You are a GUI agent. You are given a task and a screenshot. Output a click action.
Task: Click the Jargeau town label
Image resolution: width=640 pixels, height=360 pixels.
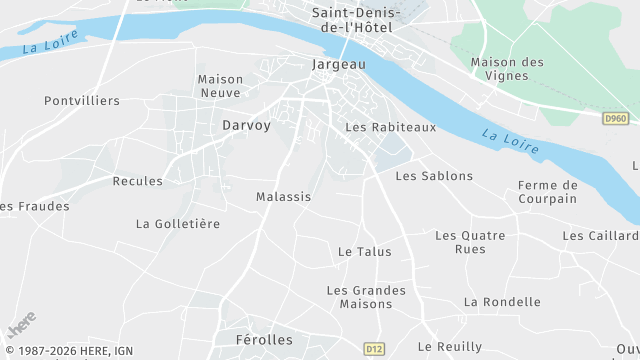click(x=339, y=64)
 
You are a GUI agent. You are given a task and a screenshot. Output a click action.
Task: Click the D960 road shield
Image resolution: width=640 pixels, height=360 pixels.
click(x=616, y=118)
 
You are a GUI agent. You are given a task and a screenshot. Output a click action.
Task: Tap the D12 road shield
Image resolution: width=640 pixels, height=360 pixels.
click(x=374, y=349)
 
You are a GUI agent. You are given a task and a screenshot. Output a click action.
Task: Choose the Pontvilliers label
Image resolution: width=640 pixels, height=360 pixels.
click(x=82, y=101)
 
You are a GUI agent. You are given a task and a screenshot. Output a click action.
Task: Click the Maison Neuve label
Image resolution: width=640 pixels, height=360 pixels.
click(x=220, y=86)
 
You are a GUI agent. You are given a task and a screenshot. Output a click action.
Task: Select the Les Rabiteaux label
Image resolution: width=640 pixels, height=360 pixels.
click(x=391, y=128)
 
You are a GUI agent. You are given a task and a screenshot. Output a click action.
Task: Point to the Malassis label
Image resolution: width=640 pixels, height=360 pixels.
click(x=283, y=197)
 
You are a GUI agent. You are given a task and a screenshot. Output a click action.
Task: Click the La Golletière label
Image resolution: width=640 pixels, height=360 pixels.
click(x=178, y=224)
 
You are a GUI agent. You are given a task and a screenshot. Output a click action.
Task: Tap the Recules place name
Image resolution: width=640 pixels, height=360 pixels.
click(x=138, y=181)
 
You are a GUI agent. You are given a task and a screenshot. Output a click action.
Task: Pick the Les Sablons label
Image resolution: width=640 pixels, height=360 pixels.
click(x=434, y=176)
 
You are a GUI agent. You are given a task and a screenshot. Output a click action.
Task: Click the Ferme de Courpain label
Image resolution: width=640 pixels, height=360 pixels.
click(x=548, y=192)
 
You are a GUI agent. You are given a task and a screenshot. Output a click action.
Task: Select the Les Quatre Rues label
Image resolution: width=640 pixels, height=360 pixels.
click(x=470, y=242)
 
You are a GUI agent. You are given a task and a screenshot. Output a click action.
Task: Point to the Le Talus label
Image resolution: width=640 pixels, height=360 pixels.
click(x=365, y=252)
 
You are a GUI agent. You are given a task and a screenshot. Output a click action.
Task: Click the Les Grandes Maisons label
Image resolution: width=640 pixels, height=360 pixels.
click(x=366, y=297)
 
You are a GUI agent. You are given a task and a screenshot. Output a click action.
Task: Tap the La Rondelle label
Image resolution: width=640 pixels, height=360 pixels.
click(x=502, y=302)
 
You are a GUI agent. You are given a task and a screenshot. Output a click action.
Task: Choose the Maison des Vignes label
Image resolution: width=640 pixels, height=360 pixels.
click(x=507, y=69)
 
